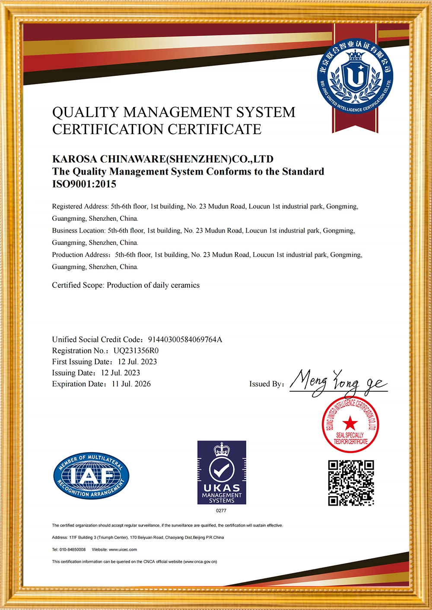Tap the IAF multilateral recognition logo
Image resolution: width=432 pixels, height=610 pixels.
(91, 476)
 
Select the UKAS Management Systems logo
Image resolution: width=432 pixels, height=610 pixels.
(222, 472)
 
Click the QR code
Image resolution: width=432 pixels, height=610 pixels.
(351, 483)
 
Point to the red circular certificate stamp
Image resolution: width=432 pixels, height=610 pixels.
(350, 424)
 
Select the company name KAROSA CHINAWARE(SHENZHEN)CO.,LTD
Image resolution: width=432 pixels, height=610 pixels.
(163, 159)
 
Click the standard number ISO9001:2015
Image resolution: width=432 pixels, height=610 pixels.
(84, 184)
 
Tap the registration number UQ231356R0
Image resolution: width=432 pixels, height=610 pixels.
(136, 351)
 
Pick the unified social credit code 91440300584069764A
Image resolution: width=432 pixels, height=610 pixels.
(185, 340)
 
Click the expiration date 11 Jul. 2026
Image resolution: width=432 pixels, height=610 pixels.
(131, 384)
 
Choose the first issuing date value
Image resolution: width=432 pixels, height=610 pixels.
(137, 362)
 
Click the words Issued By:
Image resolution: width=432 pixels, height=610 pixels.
(267, 384)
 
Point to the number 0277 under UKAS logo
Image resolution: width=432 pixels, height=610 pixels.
(221, 510)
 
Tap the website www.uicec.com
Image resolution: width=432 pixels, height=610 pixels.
(123, 550)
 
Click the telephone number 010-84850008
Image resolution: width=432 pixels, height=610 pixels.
(75, 550)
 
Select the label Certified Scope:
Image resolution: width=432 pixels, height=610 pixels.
(78, 285)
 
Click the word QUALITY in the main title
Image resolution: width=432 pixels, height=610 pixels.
(85, 112)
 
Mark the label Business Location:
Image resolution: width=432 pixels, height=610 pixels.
(79, 231)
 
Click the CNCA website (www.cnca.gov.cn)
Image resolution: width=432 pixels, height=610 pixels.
(200, 562)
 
